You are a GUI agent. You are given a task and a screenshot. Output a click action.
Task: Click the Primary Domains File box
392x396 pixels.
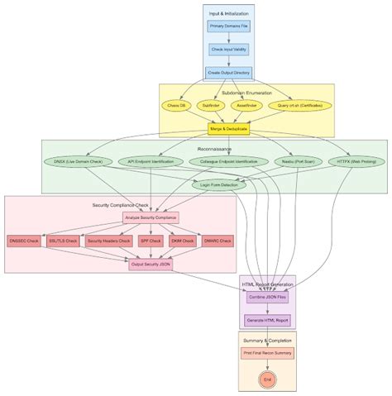pyautogui.click(x=228, y=26)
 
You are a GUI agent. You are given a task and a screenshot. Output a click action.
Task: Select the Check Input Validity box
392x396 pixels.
pyautogui.click(x=228, y=49)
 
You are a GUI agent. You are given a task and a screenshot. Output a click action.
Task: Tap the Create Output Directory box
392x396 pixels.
pyautogui.click(x=228, y=72)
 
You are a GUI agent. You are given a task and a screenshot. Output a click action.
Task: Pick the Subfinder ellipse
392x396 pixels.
pyautogui.click(x=211, y=106)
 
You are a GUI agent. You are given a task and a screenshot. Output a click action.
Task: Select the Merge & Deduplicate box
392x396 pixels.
pyautogui.click(x=228, y=130)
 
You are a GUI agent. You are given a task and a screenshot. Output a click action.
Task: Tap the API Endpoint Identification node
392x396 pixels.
pyautogui.click(x=151, y=161)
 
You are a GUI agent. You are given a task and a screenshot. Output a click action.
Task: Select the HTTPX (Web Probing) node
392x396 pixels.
pyautogui.click(x=356, y=161)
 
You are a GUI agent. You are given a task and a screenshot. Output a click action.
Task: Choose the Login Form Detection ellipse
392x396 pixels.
pyautogui.click(x=219, y=185)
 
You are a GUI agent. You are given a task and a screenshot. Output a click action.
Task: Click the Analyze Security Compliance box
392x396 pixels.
pyautogui.click(x=151, y=218)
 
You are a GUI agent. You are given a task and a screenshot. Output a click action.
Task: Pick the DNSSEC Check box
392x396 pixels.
pyautogui.click(x=24, y=241)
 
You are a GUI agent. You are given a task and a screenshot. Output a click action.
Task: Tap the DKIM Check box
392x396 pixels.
pyautogui.click(x=188, y=241)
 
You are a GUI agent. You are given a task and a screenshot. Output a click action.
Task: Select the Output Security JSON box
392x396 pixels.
pyautogui.click(x=151, y=265)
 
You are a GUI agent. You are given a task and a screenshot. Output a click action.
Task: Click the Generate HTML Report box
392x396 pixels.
pyautogui.click(x=267, y=320)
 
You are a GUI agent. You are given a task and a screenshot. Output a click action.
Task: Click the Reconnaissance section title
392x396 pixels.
pyautogui.click(x=215, y=149)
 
